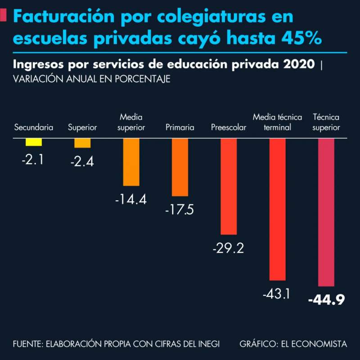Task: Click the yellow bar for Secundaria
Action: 34,142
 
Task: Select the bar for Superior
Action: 82,143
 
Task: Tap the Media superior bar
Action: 131,162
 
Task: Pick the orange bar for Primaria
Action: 180,167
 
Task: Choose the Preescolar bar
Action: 229,186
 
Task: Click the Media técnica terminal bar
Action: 277,209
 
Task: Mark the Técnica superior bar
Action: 326,212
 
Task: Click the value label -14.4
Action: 130,199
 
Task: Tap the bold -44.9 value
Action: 326,300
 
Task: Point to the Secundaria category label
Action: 34,127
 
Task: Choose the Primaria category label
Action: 180,127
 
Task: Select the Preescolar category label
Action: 229,127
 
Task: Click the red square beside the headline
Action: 4,16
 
